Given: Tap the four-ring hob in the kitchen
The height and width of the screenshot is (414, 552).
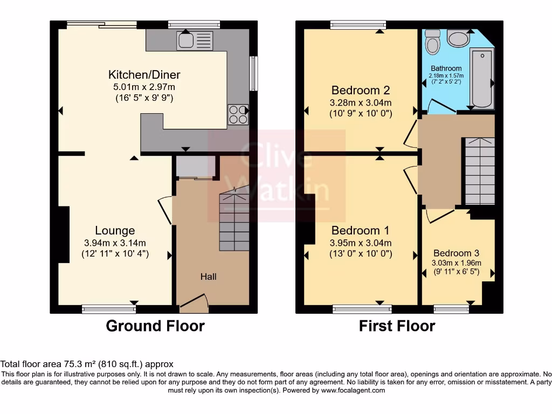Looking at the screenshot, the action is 238,115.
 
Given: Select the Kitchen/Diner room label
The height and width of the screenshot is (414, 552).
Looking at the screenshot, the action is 144,74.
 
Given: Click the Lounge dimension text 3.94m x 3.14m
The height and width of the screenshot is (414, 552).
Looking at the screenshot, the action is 115,243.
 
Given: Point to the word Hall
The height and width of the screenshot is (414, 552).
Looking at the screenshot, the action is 209,277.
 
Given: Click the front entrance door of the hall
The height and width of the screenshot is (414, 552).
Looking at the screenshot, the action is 194,303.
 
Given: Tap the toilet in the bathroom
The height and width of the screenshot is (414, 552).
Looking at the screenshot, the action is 433,42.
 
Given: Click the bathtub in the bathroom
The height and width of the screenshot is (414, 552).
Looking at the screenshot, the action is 482,78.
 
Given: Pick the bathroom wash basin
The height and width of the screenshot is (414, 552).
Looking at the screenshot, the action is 458,38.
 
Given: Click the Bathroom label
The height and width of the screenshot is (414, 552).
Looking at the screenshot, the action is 446,68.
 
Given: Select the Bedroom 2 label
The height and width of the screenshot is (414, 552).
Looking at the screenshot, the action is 361,91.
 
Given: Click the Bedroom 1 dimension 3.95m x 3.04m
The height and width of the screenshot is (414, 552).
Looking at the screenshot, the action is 361,243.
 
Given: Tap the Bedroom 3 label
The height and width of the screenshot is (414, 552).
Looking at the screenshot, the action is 456,253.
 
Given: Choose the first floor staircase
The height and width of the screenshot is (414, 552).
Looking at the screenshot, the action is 480,171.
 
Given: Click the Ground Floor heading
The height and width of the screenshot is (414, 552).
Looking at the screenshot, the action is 155,326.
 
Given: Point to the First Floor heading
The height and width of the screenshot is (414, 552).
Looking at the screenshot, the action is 397,326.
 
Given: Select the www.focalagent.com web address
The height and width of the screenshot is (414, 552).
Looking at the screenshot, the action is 353,390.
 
